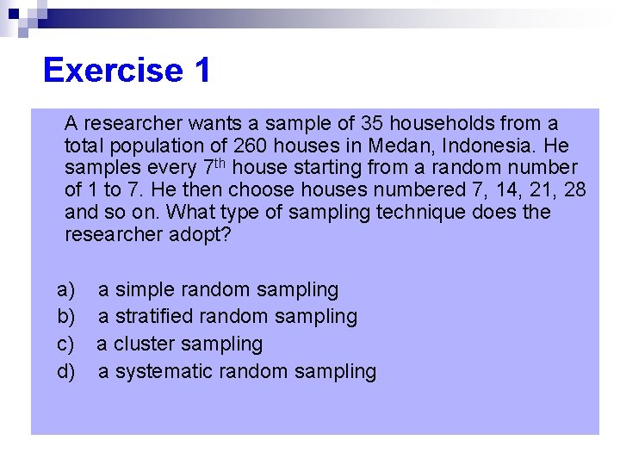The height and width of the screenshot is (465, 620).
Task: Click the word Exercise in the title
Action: point(113,70)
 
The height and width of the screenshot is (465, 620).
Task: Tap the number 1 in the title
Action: point(202,70)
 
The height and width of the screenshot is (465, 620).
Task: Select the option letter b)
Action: point(66,317)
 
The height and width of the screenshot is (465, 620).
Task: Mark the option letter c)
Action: point(66,344)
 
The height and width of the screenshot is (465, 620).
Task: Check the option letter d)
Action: point(66,371)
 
